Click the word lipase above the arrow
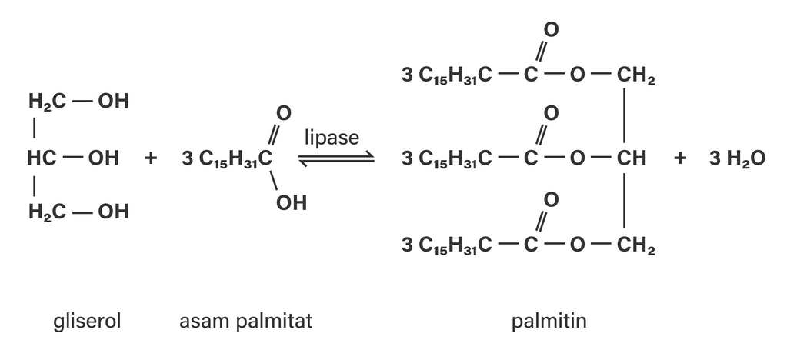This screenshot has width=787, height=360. pyautogui.click(x=332, y=138)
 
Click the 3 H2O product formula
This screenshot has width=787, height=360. pyautogui.click(x=737, y=158)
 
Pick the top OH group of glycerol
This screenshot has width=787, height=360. pyautogui.click(x=113, y=101)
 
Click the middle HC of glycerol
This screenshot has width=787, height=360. pyautogui.click(x=42, y=158)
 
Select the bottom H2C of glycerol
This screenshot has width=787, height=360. pyautogui.click(x=47, y=212)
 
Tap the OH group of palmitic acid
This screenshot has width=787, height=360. pyautogui.click(x=291, y=203)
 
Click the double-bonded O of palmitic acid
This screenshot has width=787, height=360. pyautogui.click(x=284, y=114)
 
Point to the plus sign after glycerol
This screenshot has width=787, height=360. pyautogui.click(x=151, y=158)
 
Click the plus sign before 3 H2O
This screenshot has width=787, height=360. pyautogui.click(x=680, y=158)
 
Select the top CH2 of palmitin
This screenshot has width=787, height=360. pyautogui.click(x=636, y=76)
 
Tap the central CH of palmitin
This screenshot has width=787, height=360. pyautogui.click(x=632, y=158)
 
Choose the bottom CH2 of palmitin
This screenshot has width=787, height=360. pyautogui.click(x=636, y=246)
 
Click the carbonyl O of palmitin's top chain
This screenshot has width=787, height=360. pyautogui.click(x=551, y=30)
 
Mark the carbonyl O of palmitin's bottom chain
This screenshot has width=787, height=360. pyautogui.click(x=551, y=200)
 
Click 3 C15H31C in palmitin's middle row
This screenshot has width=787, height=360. pyautogui.click(x=447, y=159)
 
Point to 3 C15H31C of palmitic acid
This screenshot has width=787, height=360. pyautogui.click(x=227, y=159)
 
